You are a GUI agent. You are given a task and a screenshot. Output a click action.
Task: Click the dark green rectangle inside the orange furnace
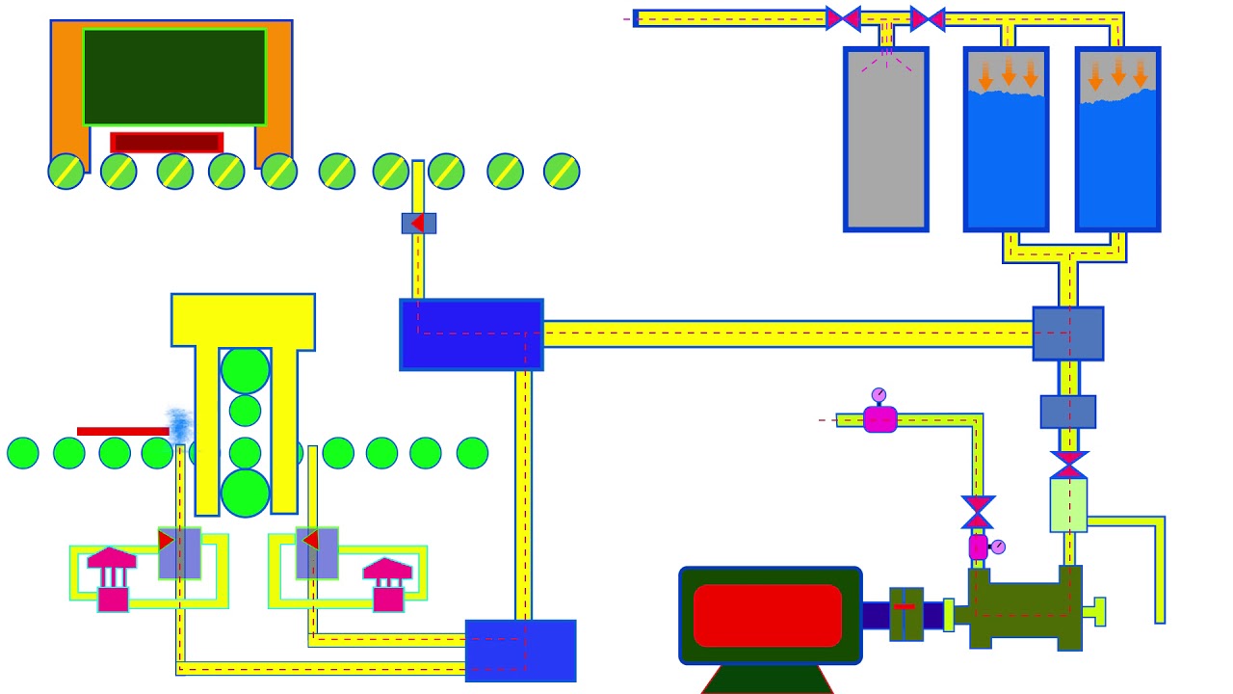[x=174, y=77]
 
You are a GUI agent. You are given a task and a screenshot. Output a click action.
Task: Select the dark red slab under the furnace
[x=167, y=143]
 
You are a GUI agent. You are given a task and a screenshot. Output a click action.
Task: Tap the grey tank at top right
[x=886, y=140]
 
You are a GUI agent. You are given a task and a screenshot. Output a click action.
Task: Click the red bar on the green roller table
[x=122, y=431]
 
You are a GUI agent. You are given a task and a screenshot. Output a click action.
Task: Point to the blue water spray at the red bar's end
[x=178, y=425]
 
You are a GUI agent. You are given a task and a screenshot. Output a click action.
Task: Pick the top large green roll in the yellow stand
[x=245, y=370]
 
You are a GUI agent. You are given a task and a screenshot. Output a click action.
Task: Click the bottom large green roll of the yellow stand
[x=245, y=492]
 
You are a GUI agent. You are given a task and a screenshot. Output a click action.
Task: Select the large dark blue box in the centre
[x=471, y=334]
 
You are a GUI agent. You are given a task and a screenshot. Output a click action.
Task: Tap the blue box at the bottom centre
[x=520, y=651]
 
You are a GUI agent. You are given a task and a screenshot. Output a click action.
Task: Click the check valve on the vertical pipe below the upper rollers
[x=418, y=224]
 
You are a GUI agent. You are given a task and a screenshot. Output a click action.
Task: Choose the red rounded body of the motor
[x=768, y=615]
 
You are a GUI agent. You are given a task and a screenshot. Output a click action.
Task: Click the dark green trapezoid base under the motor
[x=767, y=679]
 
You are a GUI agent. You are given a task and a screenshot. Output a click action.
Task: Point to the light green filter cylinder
[x=1068, y=504]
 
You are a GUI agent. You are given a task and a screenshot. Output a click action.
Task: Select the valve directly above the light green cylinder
[x=1068, y=465]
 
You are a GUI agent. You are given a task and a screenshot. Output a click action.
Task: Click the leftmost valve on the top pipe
[x=843, y=18]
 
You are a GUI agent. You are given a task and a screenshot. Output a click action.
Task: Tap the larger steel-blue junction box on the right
[x=1067, y=334]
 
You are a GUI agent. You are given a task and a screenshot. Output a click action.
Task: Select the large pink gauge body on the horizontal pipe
[x=879, y=419]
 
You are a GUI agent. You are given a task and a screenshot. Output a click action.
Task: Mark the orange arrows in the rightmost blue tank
[x=1117, y=73]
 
